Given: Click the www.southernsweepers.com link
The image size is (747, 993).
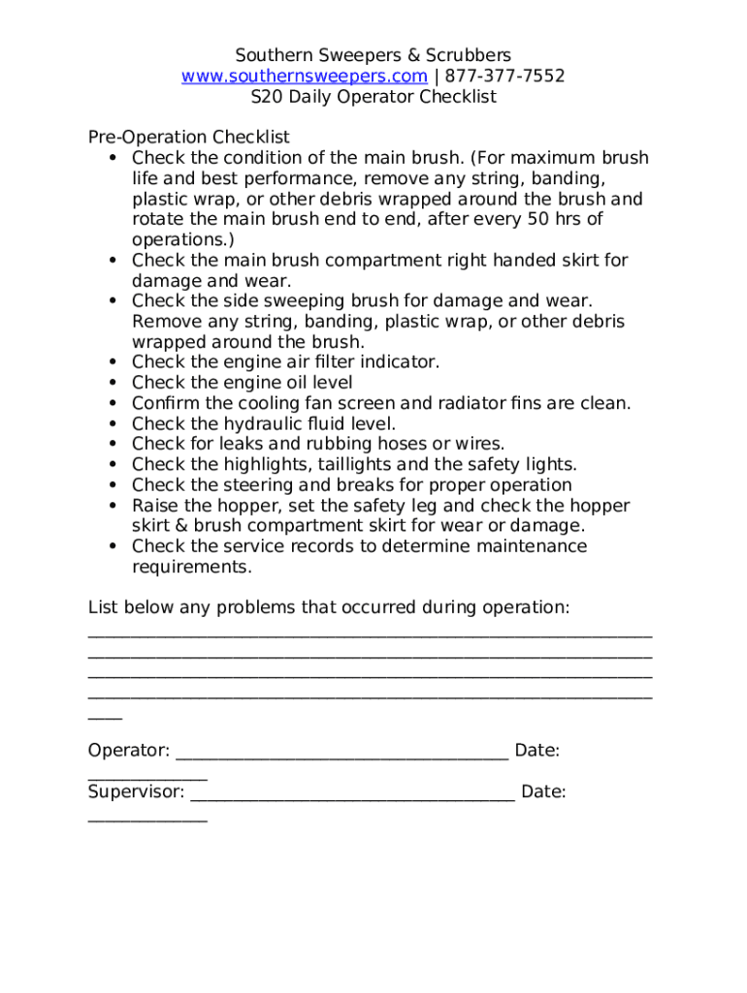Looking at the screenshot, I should [304, 76].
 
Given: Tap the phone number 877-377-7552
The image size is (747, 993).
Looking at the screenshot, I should [504, 76].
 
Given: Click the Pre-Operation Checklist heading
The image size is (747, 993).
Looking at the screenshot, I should [188, 138].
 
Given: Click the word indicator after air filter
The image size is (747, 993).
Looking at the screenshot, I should [397, 362].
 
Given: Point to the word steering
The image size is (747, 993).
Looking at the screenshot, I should [247, 485].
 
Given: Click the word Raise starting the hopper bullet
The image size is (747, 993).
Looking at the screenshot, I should [155, 505].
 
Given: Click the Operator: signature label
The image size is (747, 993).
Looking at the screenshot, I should [129, 751].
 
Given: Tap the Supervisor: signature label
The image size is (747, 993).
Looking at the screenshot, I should [136, 791].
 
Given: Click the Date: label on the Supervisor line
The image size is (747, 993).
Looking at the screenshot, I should [543, 791].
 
